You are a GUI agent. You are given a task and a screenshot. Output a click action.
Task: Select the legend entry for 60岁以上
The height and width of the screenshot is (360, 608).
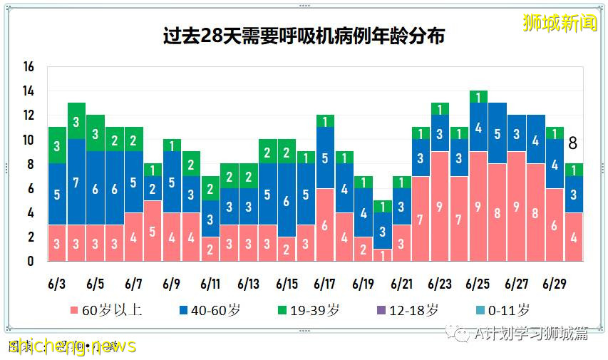[x=108, y=310]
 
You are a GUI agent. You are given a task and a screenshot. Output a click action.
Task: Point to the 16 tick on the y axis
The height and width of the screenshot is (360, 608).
[x=29, y=67]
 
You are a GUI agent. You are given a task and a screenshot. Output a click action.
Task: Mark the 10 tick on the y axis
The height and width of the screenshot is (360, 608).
[x=29, y=140]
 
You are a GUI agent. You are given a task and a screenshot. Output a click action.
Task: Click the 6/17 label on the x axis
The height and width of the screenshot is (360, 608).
[x=325, y=284]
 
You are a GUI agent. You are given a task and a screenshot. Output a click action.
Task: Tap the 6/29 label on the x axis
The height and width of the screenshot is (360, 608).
[x=555, y=284]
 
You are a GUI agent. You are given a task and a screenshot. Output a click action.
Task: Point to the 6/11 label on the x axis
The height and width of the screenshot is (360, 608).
[x=210, y=284]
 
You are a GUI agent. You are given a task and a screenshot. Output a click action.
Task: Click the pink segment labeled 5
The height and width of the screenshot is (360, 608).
[x=153, y=231]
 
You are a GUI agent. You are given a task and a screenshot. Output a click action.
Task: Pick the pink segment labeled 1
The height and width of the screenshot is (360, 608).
[x=383, y=255]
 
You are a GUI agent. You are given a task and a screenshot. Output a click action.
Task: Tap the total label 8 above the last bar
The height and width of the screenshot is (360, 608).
[x=572, y=144]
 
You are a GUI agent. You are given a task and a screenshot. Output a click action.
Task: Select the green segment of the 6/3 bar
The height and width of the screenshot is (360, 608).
[x=58, y=145]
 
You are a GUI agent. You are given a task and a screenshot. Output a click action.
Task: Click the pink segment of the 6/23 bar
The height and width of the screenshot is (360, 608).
[x=440, y=207]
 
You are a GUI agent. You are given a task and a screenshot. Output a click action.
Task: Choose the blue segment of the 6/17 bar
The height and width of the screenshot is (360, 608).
[x=325, y=158]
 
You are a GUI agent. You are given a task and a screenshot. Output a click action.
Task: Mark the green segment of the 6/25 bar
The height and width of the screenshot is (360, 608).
[x=478, y=97]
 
